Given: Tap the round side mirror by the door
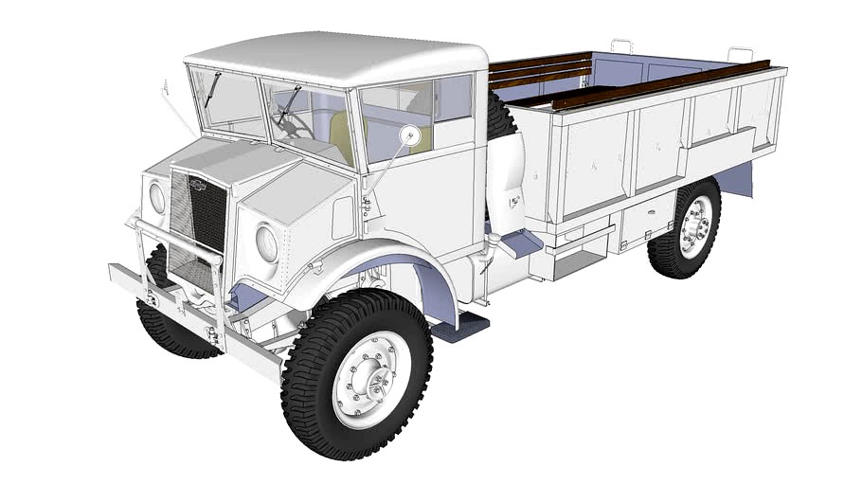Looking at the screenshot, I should pyautogui.click(x=410, y=135).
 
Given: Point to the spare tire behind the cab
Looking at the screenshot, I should pyautogui.click(x=502, y=123).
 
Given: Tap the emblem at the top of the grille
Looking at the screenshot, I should pyautogui.click(x=200, y=185).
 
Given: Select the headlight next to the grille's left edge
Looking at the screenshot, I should pyautogui.click(x=157, y=198).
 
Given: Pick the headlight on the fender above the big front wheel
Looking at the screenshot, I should pyautogui.click(x=268, y=243).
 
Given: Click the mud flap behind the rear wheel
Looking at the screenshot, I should pyautogui.click(x=739, y=178).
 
